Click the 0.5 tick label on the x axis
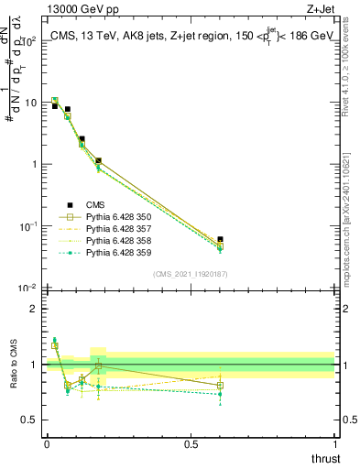(191, 443)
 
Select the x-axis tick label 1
(334, 443)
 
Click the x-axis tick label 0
(47, 443)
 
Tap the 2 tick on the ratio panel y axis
(33, 309)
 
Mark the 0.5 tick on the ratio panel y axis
(29, 420)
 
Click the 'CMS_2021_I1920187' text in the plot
(190, 275)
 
